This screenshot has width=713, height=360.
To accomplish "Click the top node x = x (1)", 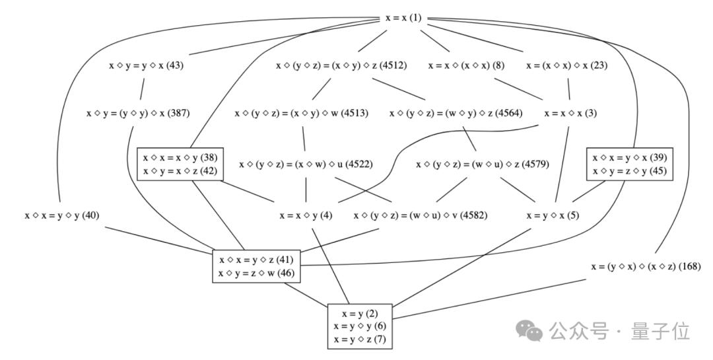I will pos(403,18).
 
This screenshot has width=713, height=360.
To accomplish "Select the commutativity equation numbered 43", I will pos(145,65).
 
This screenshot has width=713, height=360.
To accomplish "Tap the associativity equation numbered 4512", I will pos(341,65).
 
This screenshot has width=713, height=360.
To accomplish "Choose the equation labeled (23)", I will pos(567,65).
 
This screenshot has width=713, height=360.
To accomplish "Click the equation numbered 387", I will pos(138,113).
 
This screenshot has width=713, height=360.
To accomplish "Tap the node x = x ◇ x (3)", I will pos(570,113).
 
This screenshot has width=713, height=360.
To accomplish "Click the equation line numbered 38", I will pos(180,157).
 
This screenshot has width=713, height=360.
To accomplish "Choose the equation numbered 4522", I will pos(306,163).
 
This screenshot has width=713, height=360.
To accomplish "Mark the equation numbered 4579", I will pos(483,163).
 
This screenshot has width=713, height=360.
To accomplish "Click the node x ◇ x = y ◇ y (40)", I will pos(61,215).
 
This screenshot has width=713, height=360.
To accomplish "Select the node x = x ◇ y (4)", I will pos(306,215).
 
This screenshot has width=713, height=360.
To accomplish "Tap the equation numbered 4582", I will pos(421,215).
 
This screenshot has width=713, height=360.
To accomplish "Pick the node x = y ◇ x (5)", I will pos(553,215).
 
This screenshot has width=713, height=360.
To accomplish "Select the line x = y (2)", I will pos(360,313).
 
